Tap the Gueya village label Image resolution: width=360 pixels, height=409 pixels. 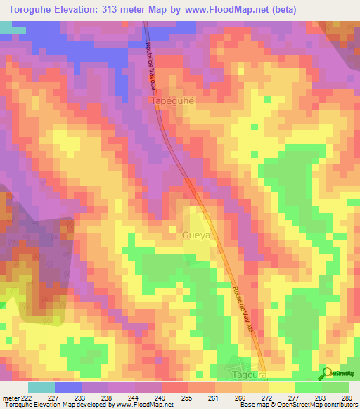point(196,235)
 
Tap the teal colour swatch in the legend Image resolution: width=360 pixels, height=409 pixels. point(41,387)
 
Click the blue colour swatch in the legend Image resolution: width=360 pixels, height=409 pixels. point(68,387)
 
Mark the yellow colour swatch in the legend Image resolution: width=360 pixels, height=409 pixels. point(282,387)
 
